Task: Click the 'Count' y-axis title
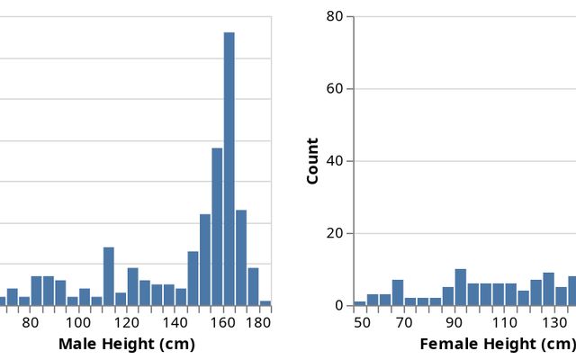tap(313, 161)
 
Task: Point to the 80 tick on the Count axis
tap(335, 16)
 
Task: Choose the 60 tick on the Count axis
tap(335, 89)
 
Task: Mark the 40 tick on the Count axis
tap(335, 161)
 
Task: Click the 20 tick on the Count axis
tap(335, 233)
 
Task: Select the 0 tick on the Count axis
tap(339, 305)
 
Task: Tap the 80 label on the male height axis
tap(31, 322)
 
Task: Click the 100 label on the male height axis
tap(78, 322)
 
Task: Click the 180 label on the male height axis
tap(258, 322)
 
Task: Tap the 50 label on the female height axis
tap(362, 322)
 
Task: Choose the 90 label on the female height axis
tap(447, 322)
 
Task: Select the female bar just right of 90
tap(461, 288)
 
